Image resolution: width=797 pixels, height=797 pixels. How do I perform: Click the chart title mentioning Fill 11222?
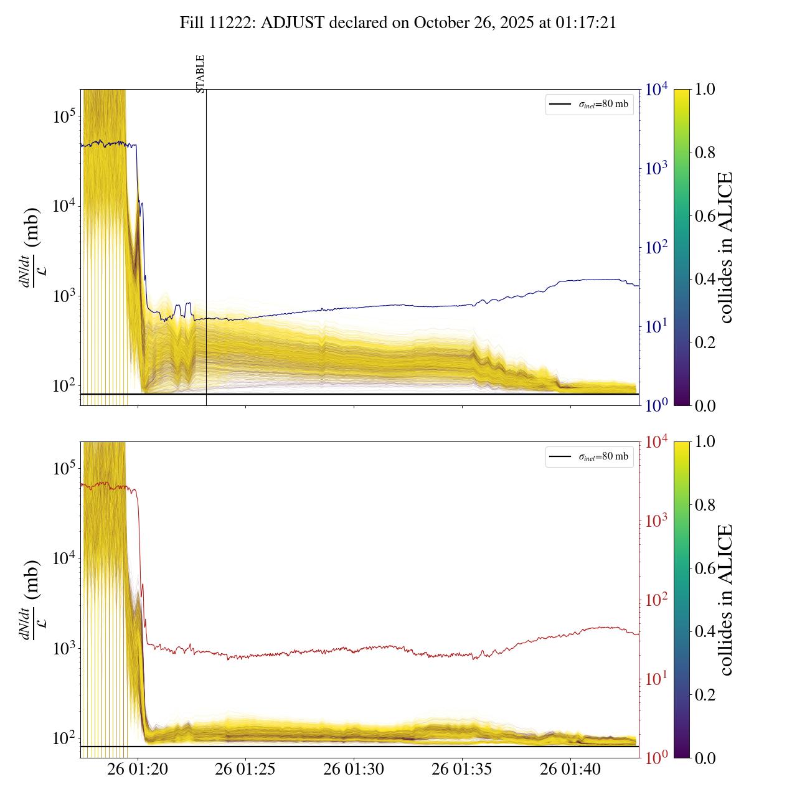click(x=398, y=23)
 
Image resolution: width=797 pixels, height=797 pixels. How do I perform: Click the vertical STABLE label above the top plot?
click(x=200, y=73)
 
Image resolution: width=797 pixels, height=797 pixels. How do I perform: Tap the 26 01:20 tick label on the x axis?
click(x=138, y=770)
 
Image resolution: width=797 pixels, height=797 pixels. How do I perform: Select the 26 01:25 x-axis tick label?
click(x=245, y=770)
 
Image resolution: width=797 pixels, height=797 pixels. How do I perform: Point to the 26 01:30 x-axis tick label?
click(x=354, y=770)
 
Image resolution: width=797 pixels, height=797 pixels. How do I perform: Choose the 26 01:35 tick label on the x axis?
click(x=462, y=770)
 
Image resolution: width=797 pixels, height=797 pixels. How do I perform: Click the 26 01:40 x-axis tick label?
click(x=570, y=770)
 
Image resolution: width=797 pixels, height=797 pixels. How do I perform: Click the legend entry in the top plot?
click(x=590, y=104)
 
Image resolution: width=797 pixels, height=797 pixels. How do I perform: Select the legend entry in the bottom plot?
click(x=590, y=456)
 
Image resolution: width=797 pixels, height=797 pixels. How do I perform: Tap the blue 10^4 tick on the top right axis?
click(x=657, y=90)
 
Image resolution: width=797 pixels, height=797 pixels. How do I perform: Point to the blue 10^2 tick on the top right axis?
click(x=657, y=248)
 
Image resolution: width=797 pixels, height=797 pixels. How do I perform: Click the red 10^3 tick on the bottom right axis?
click(x=657, y=521)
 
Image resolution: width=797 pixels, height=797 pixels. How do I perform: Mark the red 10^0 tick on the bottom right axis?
click(x=657, y=758)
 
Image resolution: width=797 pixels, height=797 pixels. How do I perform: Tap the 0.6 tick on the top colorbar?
click(x=705, y=216)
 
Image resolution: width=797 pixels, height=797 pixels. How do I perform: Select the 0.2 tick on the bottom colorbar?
click(x=705, y=695)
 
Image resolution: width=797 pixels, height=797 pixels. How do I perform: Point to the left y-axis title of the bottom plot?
click(x=31, y=600)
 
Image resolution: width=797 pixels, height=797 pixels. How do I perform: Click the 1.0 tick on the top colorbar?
click(x=705, y=90)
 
